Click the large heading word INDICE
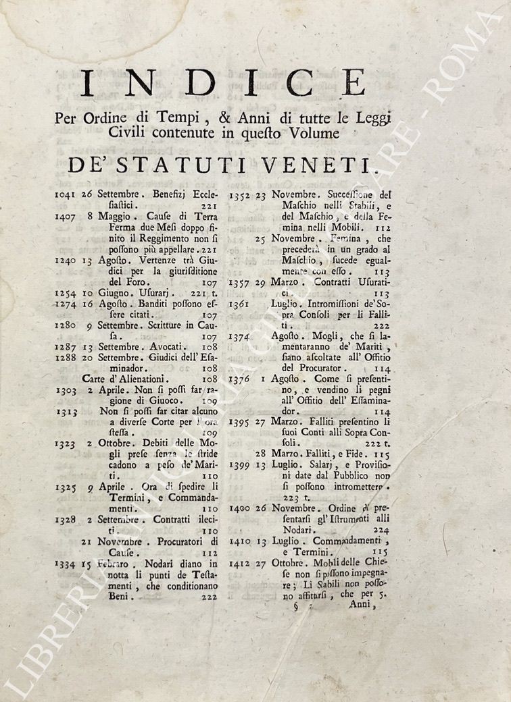(222, 84)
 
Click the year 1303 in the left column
(67, 391)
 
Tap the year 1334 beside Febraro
(67, 564)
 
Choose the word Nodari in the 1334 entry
(144, 564)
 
